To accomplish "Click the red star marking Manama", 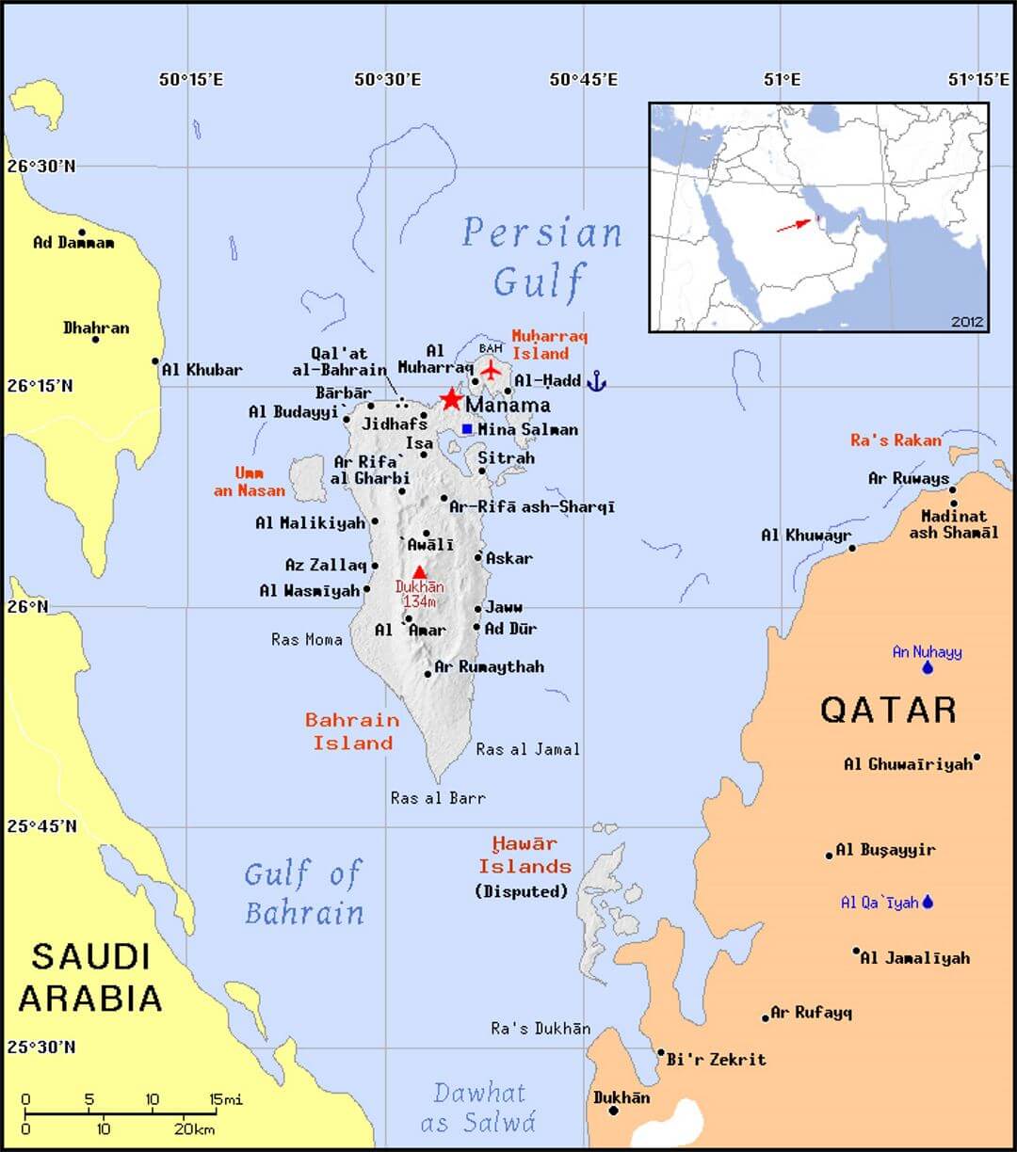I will (451, 399).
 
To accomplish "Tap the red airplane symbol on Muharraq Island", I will (490, 369).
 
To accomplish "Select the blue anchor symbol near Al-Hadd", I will (596, 381).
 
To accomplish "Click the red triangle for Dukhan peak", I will (419, 571).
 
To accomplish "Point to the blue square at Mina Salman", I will (467, 429).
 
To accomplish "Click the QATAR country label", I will (888, 710).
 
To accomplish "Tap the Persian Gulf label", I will (541, 256).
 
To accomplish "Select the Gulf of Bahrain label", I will (303, 893).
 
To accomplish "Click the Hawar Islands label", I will (525, 855).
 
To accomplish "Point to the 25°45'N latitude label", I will (41, 826).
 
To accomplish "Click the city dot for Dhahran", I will (95, 339).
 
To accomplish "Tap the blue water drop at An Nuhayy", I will (928, 668).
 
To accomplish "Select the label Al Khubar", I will (202, 370).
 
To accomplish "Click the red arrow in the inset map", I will (793, 224).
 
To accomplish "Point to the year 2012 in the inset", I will (966, 321).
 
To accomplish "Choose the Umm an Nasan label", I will (250, 482).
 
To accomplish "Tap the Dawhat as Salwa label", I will (478, 1108).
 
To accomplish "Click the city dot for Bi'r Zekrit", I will (661, 1053).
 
